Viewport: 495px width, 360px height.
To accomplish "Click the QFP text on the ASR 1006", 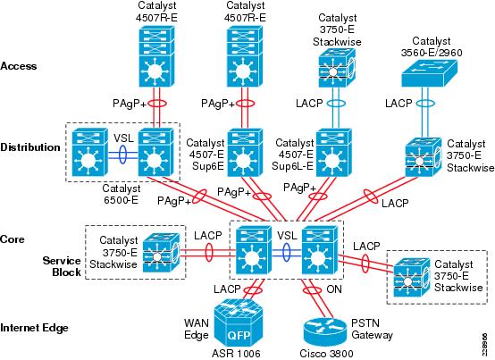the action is click(239, 335).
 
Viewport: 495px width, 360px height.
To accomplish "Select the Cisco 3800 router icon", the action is click(325, 332).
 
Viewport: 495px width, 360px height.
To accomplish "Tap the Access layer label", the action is click(19, 66).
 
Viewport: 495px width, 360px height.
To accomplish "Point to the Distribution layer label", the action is click(30, 147).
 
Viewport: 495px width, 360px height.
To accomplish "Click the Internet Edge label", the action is click(35, 328).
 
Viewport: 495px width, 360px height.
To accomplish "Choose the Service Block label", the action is click(63, 266).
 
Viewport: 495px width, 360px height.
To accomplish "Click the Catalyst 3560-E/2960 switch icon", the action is click(429, 73).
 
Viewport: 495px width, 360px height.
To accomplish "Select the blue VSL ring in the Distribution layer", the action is click(122, 155).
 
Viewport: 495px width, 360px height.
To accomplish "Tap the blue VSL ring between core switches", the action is click(286, 252).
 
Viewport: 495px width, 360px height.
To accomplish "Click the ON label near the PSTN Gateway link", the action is click(333, 289).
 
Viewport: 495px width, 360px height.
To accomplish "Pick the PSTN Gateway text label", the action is click(373, 329).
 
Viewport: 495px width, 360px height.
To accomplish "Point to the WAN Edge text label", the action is click(197, 329).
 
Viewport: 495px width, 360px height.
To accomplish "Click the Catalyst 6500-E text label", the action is click(122, 195).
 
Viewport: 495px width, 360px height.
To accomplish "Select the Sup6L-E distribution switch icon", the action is click(334, 153).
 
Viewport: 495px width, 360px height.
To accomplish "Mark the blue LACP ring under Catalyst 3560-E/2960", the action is click(425, 103).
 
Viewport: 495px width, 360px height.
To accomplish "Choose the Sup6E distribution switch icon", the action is click(245, 153).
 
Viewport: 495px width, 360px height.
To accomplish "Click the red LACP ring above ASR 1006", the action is click(254, 289).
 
